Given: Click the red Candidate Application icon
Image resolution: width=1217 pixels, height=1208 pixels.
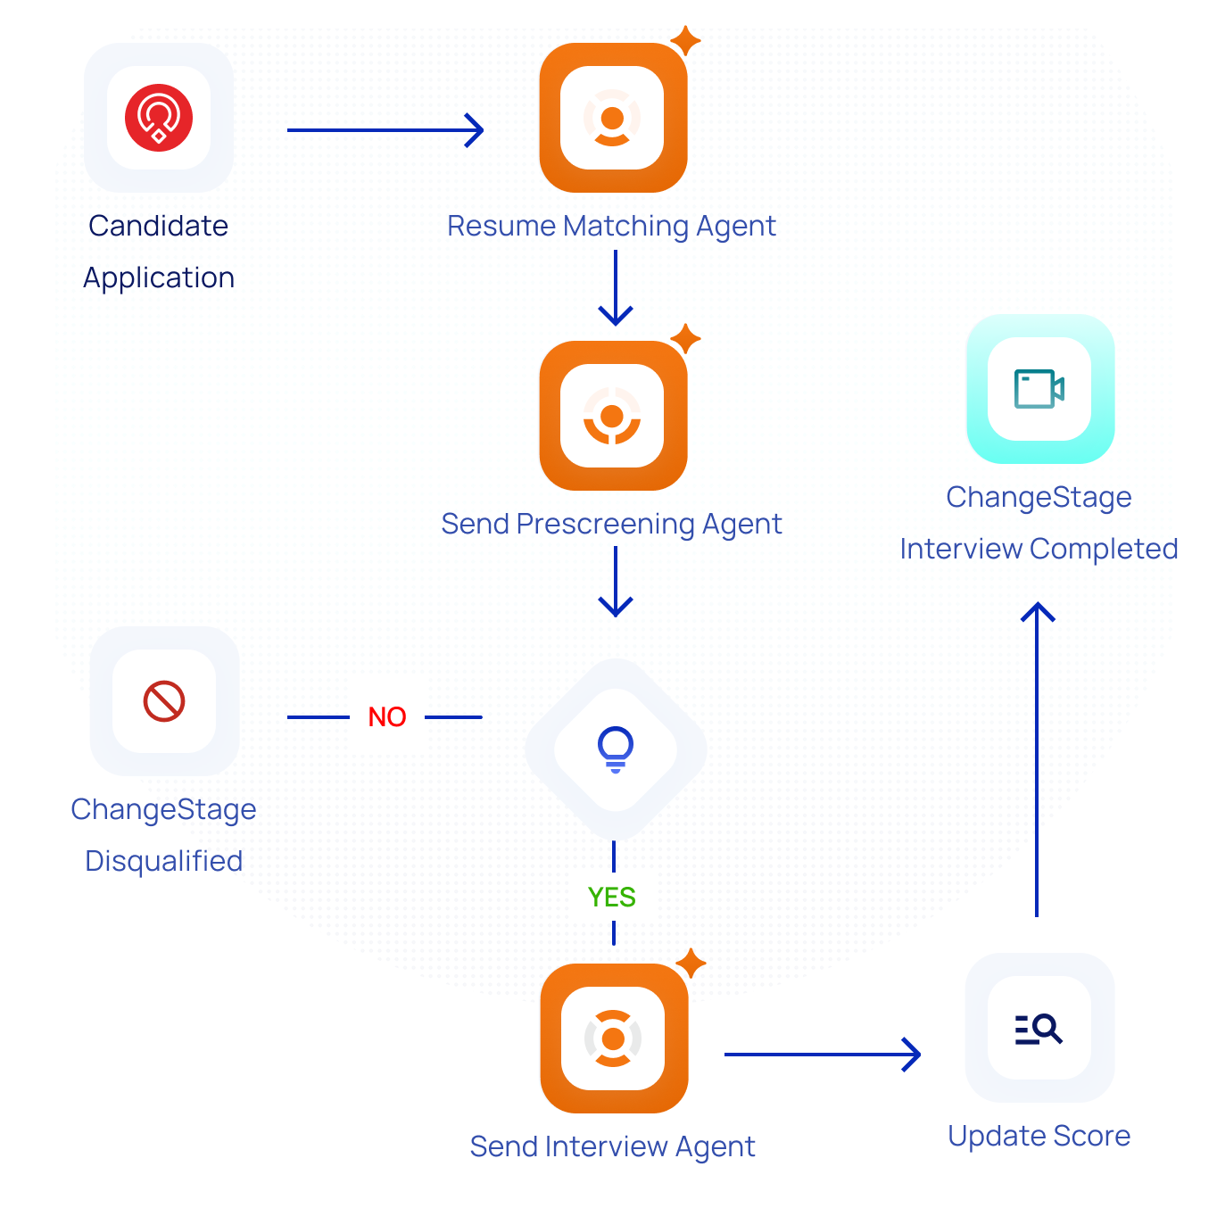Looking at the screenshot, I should (x=159, y=118).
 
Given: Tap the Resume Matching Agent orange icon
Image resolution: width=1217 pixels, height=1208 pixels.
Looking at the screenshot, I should (x=613, y=118).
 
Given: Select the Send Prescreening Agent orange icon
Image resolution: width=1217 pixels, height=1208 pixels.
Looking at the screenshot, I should (x=613, y=416).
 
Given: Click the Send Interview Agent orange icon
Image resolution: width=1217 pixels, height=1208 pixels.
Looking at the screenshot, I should (x=614, y=1038).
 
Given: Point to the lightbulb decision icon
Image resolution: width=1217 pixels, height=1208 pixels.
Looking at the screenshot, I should (x=616, y=749).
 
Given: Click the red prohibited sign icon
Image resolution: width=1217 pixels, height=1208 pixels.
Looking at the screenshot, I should (x=164, y=701).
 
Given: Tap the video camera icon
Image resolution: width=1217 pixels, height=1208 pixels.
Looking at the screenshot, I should (x=1039, y=389).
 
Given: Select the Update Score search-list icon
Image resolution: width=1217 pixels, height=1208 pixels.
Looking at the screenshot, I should (x=1039, y=1029).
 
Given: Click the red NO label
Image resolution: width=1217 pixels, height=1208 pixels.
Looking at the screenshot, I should (x=387, y=717).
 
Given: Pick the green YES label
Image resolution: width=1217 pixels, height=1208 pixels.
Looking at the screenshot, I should (x=612, y=898).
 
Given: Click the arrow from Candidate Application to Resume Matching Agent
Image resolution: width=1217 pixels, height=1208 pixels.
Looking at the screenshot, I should (x=385, y=130).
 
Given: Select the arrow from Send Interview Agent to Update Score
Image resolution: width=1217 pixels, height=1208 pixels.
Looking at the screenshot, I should (x=822, y=1055).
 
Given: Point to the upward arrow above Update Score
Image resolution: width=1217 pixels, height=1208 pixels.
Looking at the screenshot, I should (x=1038, y=758).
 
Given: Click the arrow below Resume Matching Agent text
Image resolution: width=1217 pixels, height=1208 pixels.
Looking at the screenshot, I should (x=616, y=288).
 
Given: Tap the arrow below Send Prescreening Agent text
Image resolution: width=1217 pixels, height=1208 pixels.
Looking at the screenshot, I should (x=616, y=582).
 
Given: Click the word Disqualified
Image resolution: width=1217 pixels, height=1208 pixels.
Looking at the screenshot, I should (x=164, y=861).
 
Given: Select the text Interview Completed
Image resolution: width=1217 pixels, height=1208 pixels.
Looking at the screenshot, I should (x=1039, y=549).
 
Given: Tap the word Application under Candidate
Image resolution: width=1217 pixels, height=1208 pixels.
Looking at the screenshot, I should (x=159, y=278).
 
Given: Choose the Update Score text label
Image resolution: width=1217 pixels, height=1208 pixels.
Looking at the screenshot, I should (x=1039, y=1136).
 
